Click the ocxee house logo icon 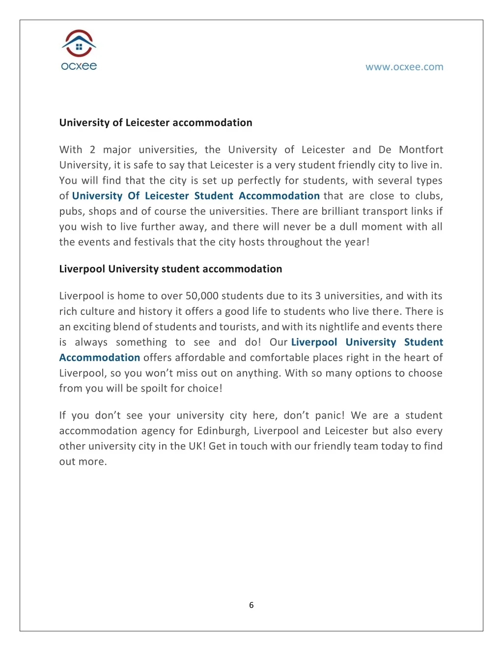[x=79, y=43]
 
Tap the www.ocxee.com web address [x=404, y=67]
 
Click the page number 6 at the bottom [x=251, y=605]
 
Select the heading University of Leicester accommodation [x=156, y=123]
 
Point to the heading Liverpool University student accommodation [x=170, y=269]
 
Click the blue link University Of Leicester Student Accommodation [x=196, y=196]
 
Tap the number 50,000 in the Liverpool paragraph [x=202, y=296]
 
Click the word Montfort [x=421, y=149]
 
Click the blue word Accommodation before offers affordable [x=100, y=358]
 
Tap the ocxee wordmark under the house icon [x=79, y=66]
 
